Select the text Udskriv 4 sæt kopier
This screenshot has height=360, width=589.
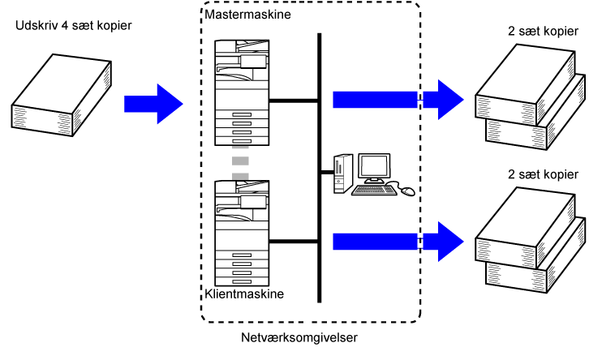tap(74, 26)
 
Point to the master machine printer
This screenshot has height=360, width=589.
tap(241, 92)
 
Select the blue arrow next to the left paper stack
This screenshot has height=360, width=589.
tap(153, 102)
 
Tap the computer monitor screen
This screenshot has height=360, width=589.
tap(374, 166)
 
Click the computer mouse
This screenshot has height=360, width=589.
tap(407, 191)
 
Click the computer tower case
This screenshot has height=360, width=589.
tap(342, 172)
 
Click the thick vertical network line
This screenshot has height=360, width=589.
tap(320, 162)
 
